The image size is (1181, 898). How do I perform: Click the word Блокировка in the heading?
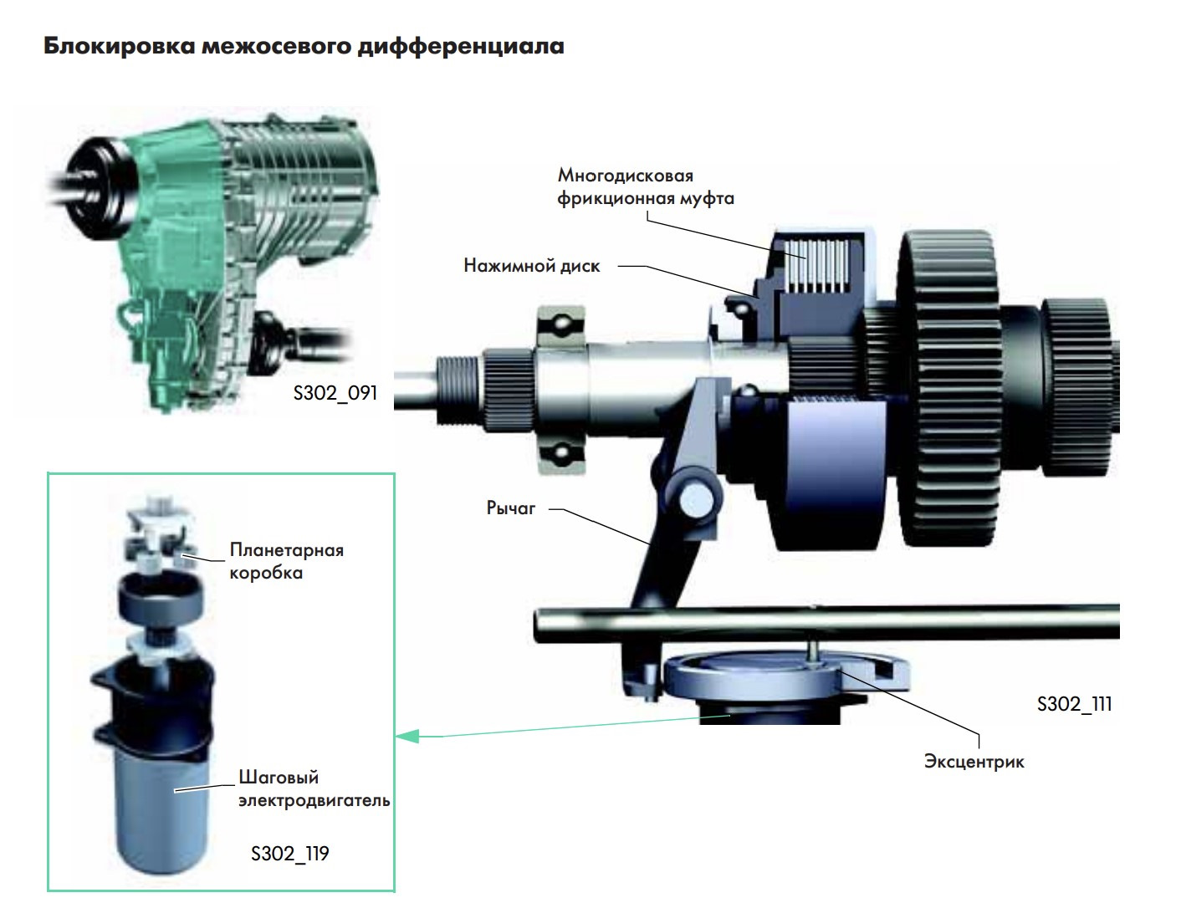point(120,46)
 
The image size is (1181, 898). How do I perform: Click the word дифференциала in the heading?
point(461,46)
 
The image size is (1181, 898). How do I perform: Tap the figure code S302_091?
point(335,393)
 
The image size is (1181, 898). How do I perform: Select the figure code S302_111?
point(1074,704)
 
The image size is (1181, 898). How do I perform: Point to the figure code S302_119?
point(290,854)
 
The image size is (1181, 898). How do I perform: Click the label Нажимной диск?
point(532,266)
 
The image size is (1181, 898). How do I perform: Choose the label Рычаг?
point(510,508)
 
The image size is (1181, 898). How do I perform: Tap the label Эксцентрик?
point(974,762)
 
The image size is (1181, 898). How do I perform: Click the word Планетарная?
point(287,550)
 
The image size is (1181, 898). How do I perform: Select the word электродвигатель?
point(314,800)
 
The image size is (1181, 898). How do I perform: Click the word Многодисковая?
point(625,176)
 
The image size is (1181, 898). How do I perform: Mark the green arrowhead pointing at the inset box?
point(407,736)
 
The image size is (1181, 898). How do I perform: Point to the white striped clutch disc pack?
point(815,266)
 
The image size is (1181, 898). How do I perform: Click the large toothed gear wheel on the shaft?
point(948,390)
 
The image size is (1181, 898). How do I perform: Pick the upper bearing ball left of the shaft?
point(562,324)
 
